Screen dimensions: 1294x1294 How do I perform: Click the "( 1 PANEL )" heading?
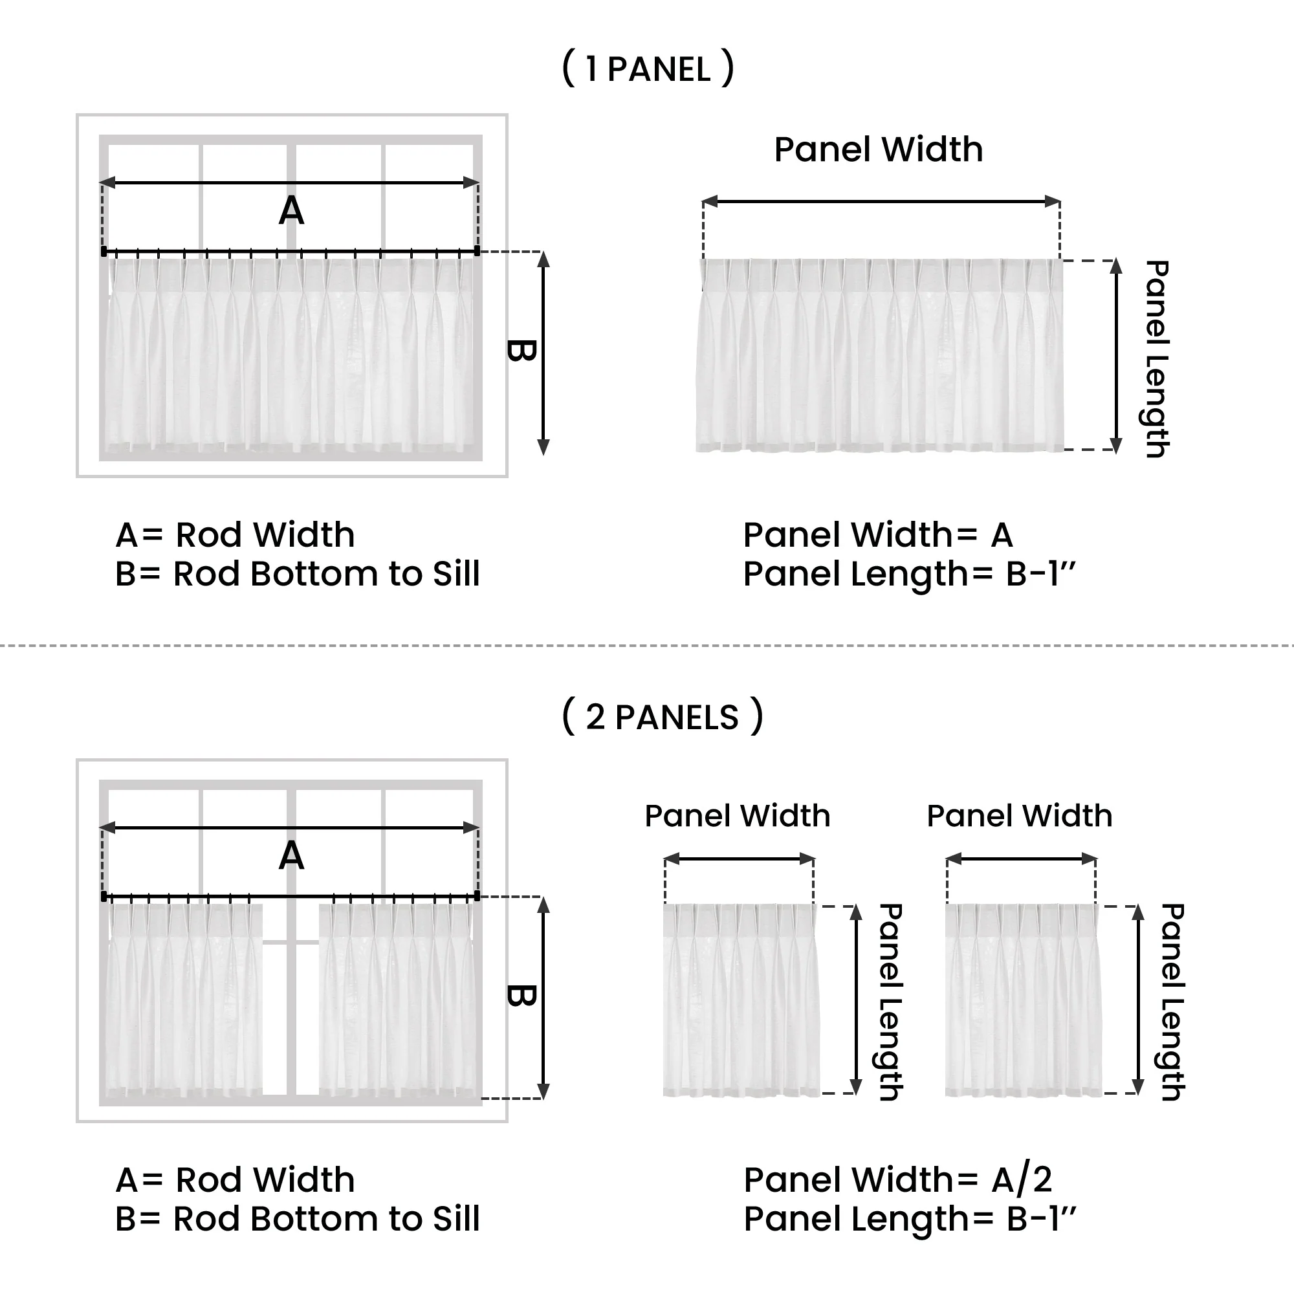[648, 69]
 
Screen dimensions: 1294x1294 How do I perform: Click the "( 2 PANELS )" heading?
[663, 717]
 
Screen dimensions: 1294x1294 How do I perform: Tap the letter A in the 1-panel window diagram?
[291, 211]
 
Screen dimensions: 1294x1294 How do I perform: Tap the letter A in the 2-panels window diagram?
[291, 856]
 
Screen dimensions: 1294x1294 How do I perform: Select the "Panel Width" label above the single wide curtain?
[878, 149]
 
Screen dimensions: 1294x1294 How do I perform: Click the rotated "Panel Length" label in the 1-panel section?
[1157, 359]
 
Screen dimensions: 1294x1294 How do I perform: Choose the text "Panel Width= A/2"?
[897, 1179]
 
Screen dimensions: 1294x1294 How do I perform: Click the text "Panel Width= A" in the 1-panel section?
[877, 535]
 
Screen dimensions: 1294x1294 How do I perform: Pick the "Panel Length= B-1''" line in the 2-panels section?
[910, 1219]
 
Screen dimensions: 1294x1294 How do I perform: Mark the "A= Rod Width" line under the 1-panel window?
[235, 535]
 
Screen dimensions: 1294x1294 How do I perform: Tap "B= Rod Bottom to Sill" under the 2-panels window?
[298, 1219]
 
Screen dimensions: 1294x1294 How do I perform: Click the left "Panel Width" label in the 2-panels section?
[738, 816]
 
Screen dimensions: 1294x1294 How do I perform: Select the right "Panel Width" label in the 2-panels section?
[1020, 816]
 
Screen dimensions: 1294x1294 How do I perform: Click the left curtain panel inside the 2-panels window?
[184, 998]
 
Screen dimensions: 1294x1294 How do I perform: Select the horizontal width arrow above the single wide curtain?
[881, 201]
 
